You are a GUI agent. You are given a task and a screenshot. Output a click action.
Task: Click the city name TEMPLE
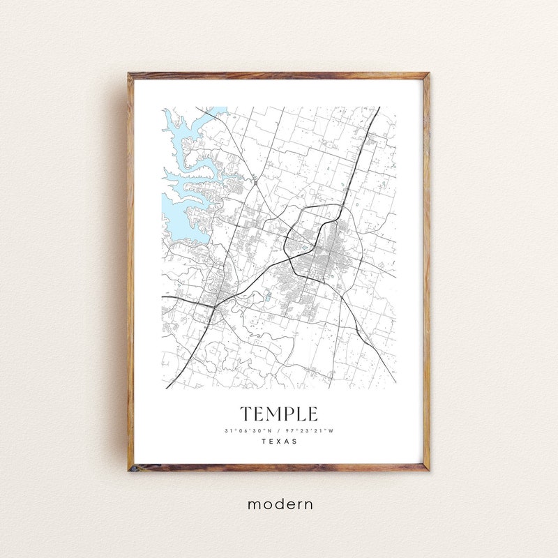coord(279,414)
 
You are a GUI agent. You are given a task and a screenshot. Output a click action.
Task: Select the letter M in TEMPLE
coord(275,414)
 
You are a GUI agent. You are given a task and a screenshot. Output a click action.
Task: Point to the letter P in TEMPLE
coord(290,414)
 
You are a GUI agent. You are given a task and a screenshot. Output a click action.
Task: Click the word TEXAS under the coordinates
coord(279,441)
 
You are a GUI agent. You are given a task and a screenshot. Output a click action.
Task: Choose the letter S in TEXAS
coord(294,441)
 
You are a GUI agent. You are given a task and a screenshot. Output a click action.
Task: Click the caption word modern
coord(280,504)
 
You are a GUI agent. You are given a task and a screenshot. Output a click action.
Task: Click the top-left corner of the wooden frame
coord(129,74)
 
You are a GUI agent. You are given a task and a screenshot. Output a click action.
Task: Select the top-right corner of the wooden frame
coord(428,74)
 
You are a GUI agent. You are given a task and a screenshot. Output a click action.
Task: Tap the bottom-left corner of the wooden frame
coord(129,469)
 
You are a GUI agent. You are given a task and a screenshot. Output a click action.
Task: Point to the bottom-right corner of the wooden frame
coord(428,469)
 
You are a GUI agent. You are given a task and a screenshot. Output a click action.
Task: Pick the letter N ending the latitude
coord(270,430)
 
